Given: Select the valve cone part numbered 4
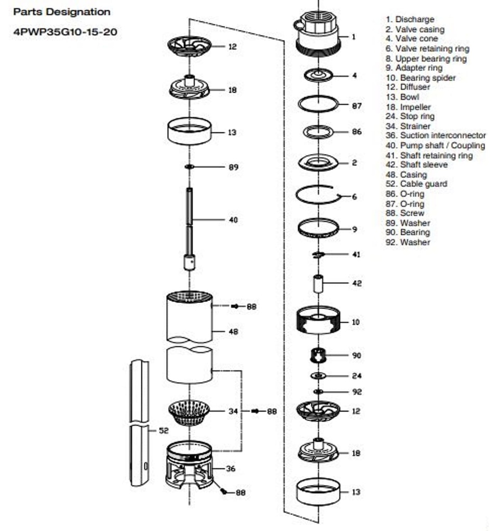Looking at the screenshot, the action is point(318,75).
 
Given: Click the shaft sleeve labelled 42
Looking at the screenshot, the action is point(318,284).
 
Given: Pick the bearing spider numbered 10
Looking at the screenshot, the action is point(318,320).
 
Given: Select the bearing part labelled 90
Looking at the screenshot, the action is point(318,355).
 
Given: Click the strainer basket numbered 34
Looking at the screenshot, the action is point(190,412).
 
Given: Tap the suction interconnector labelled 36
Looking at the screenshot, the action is point(190,465).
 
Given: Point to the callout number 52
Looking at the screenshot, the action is point(164,430).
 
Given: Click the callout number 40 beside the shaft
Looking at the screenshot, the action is point(233,220).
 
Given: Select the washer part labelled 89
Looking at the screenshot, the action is point(190,166).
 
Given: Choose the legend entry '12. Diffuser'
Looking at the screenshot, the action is point(408,87).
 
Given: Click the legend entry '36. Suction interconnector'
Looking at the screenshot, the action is point(436,135).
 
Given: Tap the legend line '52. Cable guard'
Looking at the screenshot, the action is point(417,184).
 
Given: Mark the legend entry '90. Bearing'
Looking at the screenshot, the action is point(408,232).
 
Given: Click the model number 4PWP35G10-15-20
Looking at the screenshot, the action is point(65,32).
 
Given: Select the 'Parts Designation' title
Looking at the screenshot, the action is point(62,12).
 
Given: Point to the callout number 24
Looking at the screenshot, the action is point(357,375).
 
